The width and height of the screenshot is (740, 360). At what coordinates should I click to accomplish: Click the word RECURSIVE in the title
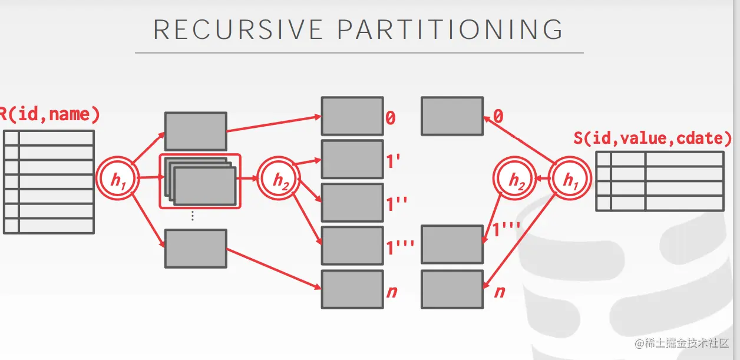238,29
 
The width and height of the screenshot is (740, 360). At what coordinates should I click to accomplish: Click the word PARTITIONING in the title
450,29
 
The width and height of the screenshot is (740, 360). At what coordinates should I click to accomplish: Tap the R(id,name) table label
49,114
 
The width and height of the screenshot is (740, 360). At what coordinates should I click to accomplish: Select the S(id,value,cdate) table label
653,138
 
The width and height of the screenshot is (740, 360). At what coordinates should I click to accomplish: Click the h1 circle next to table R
118,179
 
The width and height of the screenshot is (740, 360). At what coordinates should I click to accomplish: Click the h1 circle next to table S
570,179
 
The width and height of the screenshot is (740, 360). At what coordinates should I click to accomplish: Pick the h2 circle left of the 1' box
279,179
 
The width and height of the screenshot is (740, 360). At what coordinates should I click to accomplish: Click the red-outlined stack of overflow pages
200,181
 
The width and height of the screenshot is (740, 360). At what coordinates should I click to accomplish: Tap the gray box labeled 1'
352,159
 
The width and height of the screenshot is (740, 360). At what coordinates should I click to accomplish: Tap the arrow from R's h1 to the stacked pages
150,177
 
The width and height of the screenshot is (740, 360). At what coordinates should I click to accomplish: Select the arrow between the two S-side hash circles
542,178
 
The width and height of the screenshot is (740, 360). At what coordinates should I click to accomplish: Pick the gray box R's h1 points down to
196,249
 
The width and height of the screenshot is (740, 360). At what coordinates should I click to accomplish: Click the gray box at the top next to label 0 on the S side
452,116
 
